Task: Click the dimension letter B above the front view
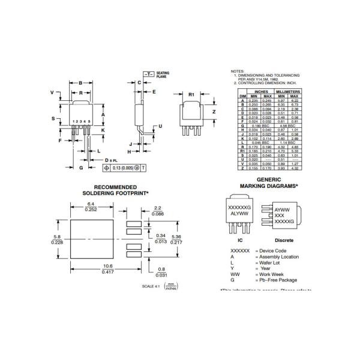[x=81, y=82]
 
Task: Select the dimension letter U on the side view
[x=160, y=127]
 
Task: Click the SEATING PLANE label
[x=163, y=75]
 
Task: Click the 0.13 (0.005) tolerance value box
[x=116, y=169]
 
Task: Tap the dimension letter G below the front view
[x=80, y=169]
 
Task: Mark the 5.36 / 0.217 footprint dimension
[x=176, y=239]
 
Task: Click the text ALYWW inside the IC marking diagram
[x=239, y=212]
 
